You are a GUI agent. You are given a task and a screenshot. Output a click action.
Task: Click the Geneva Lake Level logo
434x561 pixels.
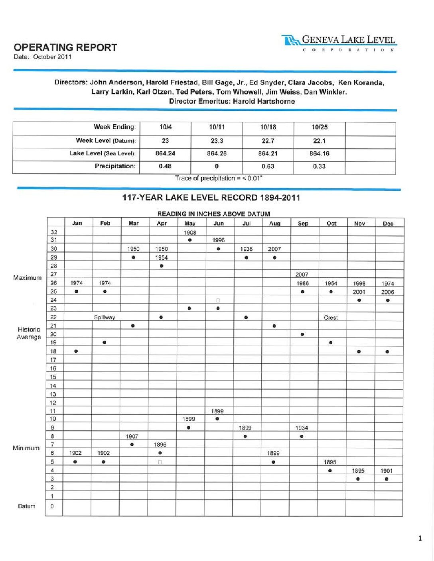pyautogui.click(x=339, y=43)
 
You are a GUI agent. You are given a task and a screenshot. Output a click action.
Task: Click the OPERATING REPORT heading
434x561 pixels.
pyautogui.click(x=65, y=47)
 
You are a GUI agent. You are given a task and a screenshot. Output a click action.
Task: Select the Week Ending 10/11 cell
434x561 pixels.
pyautogui.click(x=217, y=127)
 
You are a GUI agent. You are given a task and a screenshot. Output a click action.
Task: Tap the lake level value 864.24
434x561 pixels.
pyautogui.click(x=165, y=153)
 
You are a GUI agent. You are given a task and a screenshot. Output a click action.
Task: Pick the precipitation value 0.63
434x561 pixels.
pyautogui.click(x=268, y=166)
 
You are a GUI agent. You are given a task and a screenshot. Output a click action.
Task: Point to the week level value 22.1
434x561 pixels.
pyautogui.click(x=319, y=141)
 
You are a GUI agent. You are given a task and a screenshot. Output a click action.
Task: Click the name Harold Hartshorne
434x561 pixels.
pyautogui.click(x=264, y=101)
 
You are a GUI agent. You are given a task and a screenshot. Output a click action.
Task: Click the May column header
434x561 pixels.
pyautogui.click(x=190, y=223)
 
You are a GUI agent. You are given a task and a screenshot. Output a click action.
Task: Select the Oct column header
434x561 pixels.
pyautogui.click(x=331, y=223)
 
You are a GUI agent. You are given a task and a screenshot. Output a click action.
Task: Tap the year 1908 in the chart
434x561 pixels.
pyautogui.click(x=190, y=232)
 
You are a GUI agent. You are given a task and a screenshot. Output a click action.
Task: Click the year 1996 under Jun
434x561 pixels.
pyautogui.click(x=218, y=240)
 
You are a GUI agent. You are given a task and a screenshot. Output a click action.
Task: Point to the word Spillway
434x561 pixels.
pyautogui.click(x=105, y=317)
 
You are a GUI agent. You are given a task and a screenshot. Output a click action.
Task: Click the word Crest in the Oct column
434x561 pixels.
pyautogui.click(x=331, y=318)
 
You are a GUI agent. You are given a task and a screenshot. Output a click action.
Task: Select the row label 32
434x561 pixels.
pyautogui.click(x=54, y=232)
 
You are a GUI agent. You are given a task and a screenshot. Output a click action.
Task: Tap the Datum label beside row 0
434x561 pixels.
pyautogui.click(x=26, y=506)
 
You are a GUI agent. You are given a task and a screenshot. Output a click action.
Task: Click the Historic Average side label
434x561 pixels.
pyautogui.click(x=29, y=333)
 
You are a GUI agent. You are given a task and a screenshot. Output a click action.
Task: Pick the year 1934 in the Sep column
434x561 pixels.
pyautogui.click(x=302, y=428)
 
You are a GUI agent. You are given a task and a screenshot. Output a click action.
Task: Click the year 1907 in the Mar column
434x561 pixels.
pyautogui.click(x=132, y=436)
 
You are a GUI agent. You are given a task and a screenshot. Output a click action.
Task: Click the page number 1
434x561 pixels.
pyautogui.click(x=420, y=539)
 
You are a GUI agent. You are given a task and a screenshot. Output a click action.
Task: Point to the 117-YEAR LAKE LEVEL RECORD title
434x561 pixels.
pyautogui.click(x=211, y=198)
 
